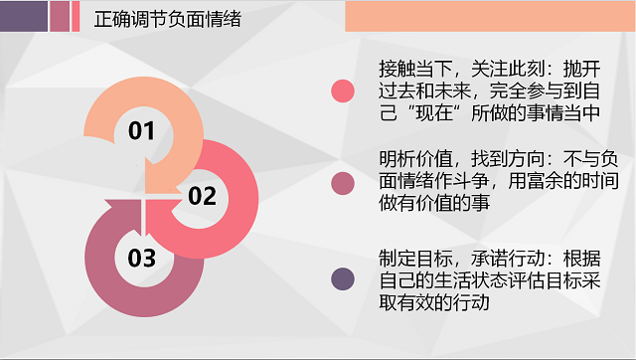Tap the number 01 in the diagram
click(141, 130)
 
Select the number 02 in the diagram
click(202, 195)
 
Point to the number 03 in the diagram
click(142, 259)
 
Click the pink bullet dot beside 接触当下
click(343, 90)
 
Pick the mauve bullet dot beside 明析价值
click(343, 182)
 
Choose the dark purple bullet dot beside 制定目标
click(343, 279)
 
